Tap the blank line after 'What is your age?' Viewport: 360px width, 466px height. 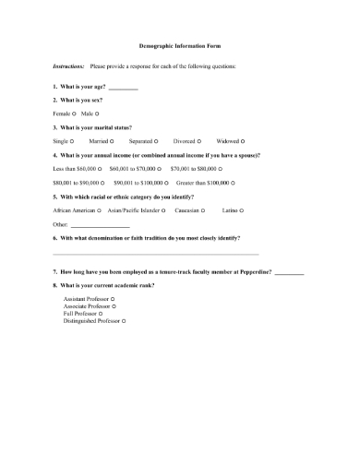tap(123, 88)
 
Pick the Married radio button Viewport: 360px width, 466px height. tap(112, 141)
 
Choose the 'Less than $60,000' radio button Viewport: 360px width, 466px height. tap(102, 170)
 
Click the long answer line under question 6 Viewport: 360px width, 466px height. tap(156, 253)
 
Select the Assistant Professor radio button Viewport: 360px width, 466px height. tap(113, 300)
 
